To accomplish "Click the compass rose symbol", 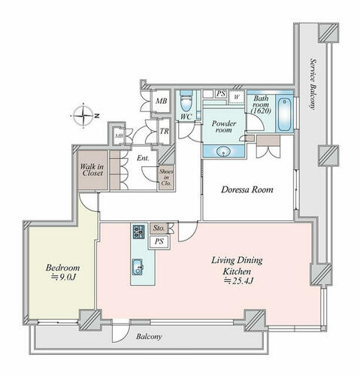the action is (83, 116).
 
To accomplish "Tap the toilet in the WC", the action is (186, 103).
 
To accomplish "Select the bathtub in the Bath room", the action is (285, 114).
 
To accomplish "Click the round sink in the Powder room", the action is (223, 152).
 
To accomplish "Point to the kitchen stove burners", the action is (139, 232).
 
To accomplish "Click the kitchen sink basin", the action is (138, 267).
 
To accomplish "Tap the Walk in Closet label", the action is (92, 170).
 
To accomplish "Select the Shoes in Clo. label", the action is (166, 177).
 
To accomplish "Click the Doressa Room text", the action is (247, 190).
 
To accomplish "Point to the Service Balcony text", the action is (313, 83).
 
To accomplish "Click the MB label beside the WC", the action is (161, 102).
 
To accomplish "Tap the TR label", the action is (165, 131).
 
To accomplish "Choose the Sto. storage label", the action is (159, 228).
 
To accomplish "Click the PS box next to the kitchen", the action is (159, 241).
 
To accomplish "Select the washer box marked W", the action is (236, 97).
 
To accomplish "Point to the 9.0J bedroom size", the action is (63, 277).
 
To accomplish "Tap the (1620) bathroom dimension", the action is (262, 111).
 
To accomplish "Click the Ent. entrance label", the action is (143, 159).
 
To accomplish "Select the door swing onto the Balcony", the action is (121, 332).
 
